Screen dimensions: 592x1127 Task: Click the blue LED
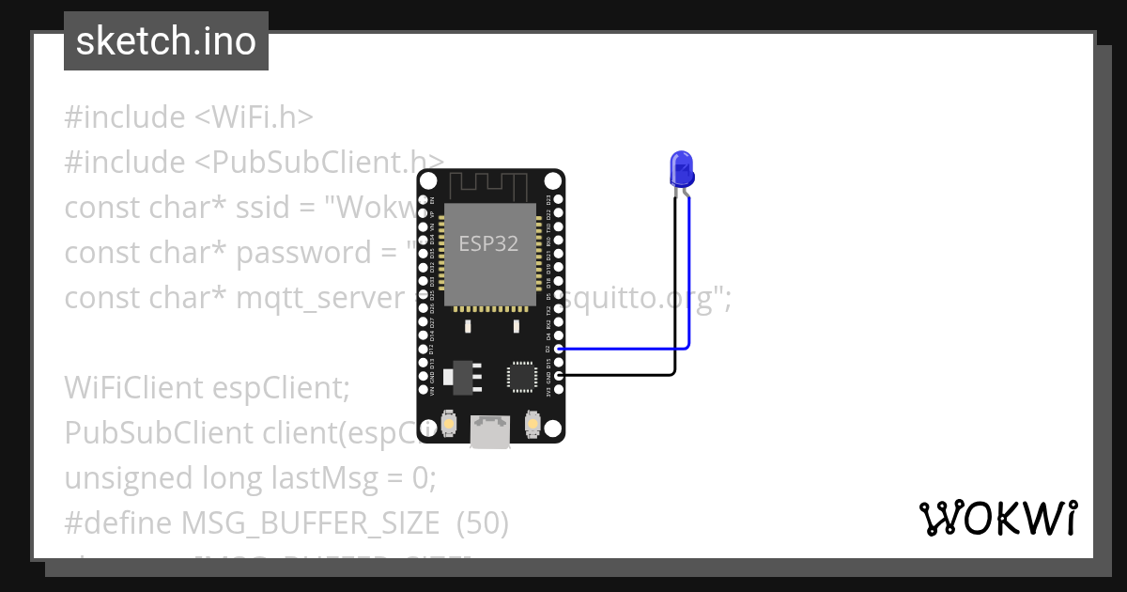(x=681, y=170)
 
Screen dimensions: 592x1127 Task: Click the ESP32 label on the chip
(x=488, y=243)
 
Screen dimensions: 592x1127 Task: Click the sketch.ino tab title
(x=166, y=41)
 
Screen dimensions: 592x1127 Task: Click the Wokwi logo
(x=997, y=519)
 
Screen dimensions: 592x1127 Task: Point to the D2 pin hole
(x=559, y=349)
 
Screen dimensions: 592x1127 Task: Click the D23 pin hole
(x=559, y=199)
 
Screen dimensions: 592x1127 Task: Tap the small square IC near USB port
(x=520, y=375)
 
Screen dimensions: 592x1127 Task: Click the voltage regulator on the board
(x=464, y=373)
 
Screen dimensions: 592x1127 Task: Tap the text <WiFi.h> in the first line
(x=254, y=117)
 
